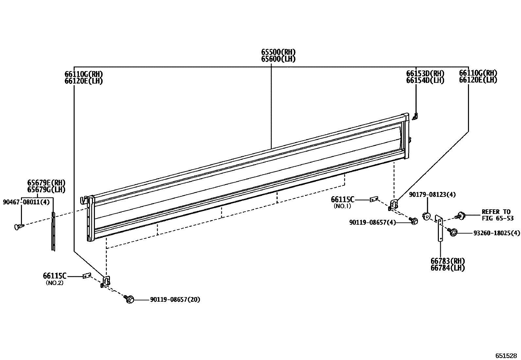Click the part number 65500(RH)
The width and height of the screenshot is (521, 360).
278,52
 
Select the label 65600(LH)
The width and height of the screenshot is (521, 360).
278,59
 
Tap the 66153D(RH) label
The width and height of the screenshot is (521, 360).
425,73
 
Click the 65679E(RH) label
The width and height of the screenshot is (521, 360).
46,182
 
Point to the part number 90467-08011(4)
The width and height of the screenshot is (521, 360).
26,202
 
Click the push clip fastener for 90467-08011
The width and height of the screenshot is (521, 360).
19,226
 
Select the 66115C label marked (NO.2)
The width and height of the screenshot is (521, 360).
55,275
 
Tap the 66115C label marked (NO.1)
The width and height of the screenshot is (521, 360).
342,199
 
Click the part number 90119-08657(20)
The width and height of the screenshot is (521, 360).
175,299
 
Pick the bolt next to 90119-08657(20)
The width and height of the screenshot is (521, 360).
130,299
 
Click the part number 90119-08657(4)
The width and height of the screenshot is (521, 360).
372,222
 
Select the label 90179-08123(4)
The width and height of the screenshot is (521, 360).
432,195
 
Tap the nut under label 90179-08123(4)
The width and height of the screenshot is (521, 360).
426,216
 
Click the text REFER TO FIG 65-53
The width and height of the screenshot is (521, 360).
497,215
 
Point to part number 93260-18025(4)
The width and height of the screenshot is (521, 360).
496,233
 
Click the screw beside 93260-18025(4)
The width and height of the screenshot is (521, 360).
453,233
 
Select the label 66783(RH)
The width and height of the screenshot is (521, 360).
447,261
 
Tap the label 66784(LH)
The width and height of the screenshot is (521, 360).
447,268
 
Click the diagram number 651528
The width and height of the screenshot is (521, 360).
506,356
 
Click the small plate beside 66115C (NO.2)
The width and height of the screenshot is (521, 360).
86,276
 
